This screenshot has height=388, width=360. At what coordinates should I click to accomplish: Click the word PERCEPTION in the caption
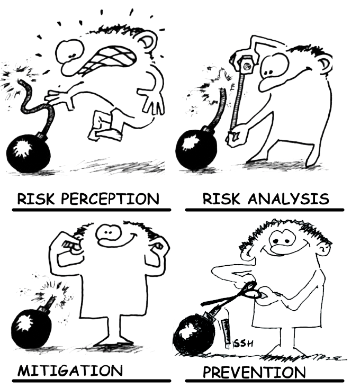point(110,199)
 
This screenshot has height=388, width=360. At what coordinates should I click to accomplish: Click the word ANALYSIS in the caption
point(289,199)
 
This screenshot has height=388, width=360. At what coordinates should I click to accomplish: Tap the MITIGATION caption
point(70,371)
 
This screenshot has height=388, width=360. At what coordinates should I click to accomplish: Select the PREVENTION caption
point(254,372)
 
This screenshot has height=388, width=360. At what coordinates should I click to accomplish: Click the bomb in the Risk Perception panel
point(28,153)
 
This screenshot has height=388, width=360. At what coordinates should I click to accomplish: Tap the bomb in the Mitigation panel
point(31,327)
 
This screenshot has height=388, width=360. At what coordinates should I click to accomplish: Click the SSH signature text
point(243,344)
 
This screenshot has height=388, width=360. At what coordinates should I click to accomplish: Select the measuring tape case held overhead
point(247,65)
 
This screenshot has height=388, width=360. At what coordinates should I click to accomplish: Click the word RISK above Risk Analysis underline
point(221,199)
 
